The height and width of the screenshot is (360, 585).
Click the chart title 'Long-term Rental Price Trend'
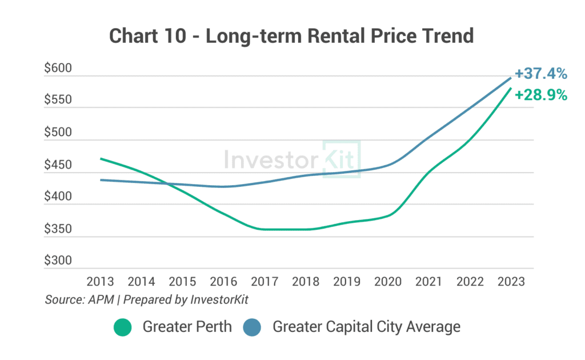point(291,35)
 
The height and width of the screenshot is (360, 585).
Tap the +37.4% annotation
point(540,74)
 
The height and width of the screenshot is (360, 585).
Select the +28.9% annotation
point(540,95)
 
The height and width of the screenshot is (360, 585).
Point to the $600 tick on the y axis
point(58,69)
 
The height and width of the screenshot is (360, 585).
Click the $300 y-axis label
point(58,261)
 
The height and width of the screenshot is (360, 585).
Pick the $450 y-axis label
point(58,165)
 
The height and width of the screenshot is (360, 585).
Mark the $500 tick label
point(58,133)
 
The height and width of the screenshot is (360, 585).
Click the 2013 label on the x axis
point(100,282)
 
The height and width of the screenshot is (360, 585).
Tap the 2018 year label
point(305,282)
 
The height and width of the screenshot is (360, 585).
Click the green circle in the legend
point(122,327)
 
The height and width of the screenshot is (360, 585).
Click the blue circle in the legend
point(252,327)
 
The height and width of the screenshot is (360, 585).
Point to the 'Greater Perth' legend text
point(187,327)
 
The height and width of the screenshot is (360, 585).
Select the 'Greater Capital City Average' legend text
point(366,327)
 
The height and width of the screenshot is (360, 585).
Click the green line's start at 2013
point(101,159)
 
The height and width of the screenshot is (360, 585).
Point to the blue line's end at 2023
point(510,78)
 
